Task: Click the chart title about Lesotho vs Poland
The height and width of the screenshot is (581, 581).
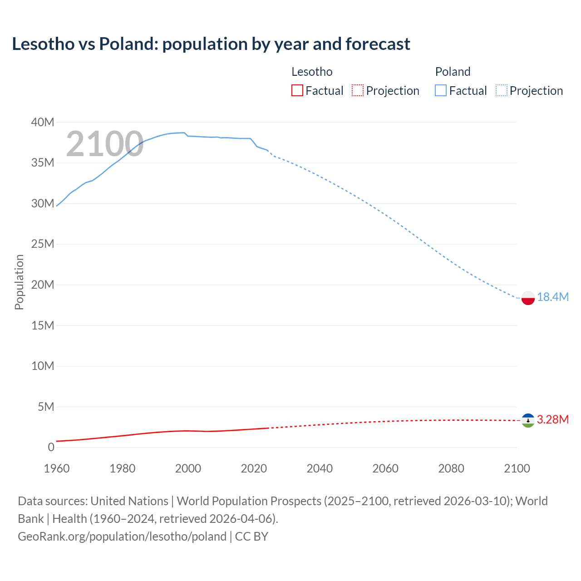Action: (211, 44)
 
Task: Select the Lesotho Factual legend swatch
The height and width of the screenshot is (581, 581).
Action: (297, 90)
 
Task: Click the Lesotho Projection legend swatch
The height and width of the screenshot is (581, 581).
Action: (358, 90)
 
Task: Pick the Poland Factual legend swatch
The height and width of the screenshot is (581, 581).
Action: (440, 90)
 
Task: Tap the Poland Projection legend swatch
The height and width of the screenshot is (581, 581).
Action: (502, 90)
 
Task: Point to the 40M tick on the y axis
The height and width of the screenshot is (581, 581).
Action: (43, 122)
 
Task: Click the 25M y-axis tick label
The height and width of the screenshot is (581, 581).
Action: (43, 244)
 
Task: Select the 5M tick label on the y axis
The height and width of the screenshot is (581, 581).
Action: (45, 407)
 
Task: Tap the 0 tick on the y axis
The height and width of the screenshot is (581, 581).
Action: (51, 448)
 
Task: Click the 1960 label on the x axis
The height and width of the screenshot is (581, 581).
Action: (57, 468)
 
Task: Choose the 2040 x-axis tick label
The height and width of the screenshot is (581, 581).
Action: (320, 468)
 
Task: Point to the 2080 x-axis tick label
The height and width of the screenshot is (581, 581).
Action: (451, 468)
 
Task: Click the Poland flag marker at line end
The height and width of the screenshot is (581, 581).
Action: (528, 298)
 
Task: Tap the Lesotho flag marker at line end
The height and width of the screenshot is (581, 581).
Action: (528, 421)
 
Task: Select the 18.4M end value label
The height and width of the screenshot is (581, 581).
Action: (553, 297)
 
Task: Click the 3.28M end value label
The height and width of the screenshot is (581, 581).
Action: (553, 419)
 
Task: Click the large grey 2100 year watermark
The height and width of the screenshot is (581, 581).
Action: (105, 144)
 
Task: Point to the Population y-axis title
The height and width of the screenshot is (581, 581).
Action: (19, 282)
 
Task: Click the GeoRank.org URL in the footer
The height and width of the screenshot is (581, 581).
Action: (122, 537)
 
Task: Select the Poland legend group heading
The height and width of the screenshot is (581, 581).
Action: (453, 72)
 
